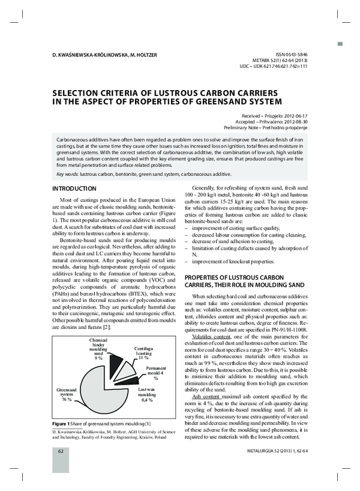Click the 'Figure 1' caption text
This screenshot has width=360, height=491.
(61, 425)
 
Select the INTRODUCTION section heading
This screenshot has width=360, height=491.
(75, 189)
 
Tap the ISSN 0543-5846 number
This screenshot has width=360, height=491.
(289, 54)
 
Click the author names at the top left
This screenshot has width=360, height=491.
(105, 55)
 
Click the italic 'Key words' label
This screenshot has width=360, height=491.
(69, 174)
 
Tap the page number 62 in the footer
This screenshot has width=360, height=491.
(61, 467)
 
